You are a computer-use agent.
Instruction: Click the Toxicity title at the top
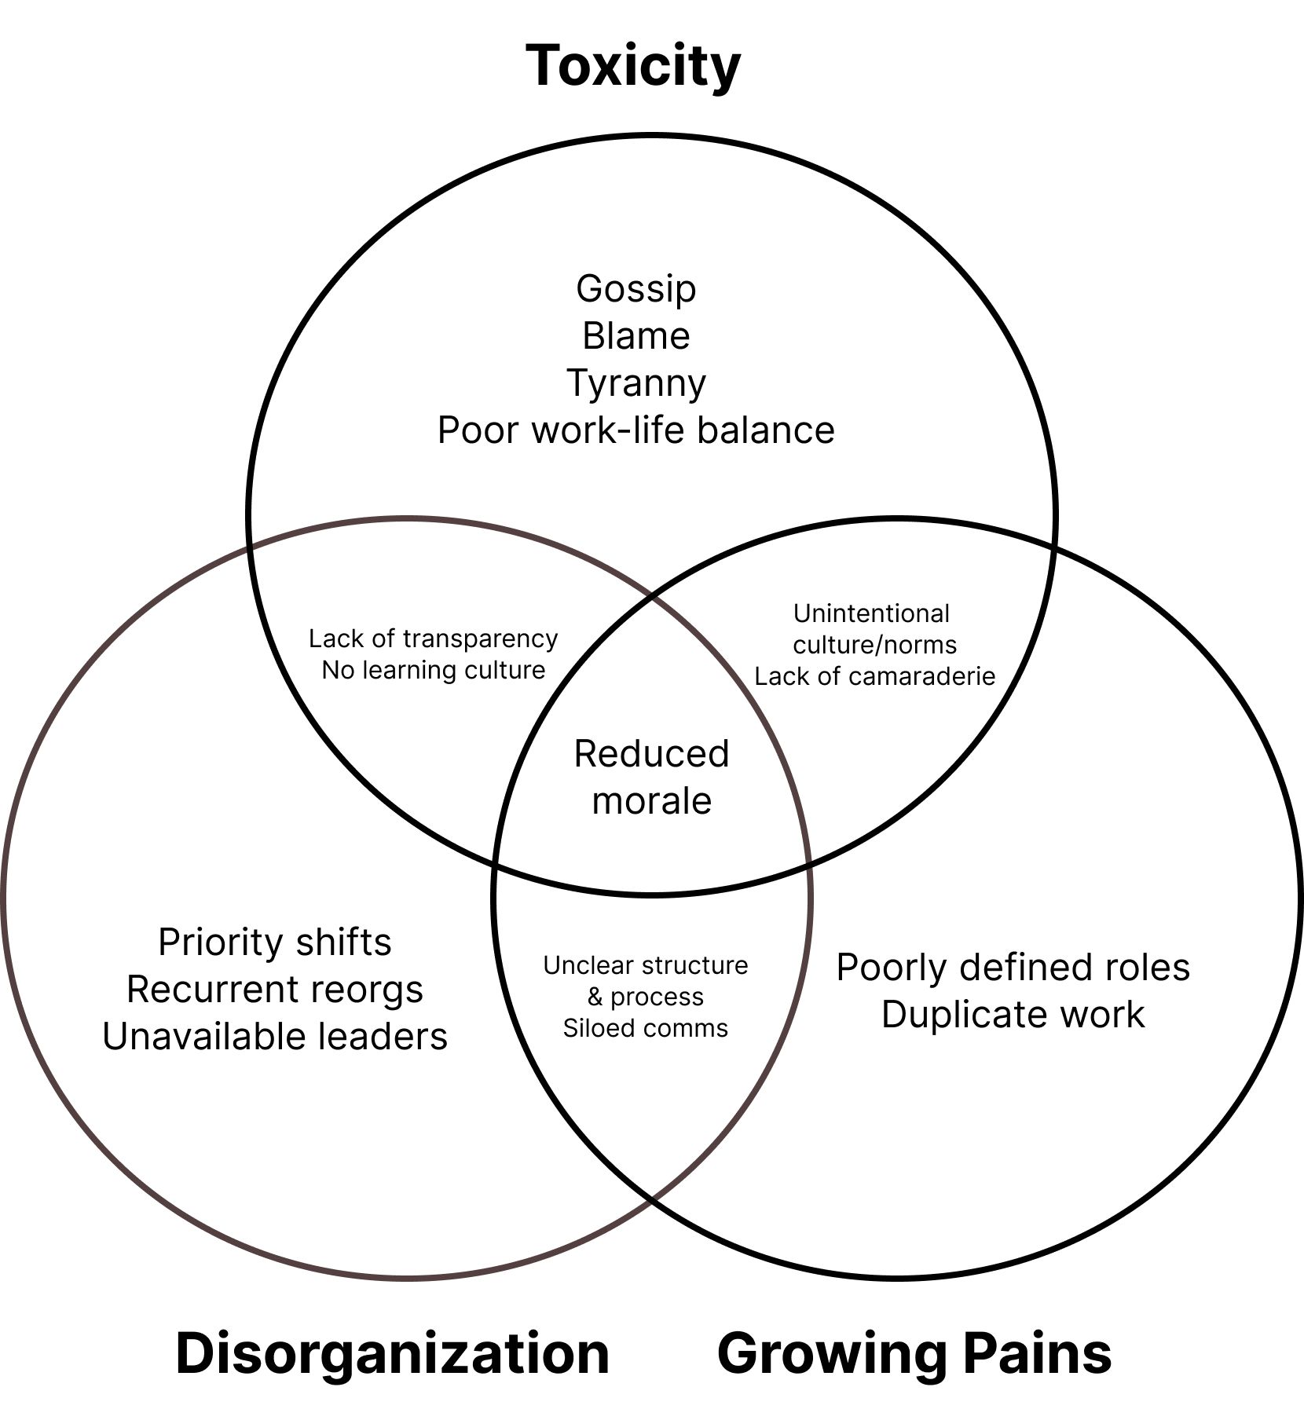tap(632, 66)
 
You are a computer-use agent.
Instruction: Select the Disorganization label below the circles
tap(392, 1352)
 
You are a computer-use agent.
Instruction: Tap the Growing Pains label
tap(914, 1352)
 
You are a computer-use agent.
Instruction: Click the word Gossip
tap(636, 288)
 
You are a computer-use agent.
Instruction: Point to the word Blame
tap(636, 336)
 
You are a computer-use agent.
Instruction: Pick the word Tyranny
tap(636, 383)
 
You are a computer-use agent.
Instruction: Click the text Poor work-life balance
tap(636, 430)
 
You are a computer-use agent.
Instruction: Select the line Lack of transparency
tap(433, 639)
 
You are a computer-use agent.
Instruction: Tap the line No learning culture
tap(433, 670)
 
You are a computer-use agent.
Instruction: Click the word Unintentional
tap(871, 613)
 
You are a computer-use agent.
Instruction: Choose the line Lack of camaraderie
tap(874, 676)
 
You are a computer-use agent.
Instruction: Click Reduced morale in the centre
tap(651, 777)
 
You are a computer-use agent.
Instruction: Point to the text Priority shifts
tap(274, 942)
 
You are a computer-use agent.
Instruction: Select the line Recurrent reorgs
tap(274, 990)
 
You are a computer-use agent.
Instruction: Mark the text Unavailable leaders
tap(274, 1037)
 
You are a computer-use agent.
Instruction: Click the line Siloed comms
tap(645, 1028)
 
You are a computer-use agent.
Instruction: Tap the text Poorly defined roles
tap(1013, 967)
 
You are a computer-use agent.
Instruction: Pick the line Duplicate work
tap(1013, 1014)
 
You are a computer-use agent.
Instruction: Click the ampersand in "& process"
tap(595, 997)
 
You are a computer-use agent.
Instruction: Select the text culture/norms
tap(874, 645)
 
